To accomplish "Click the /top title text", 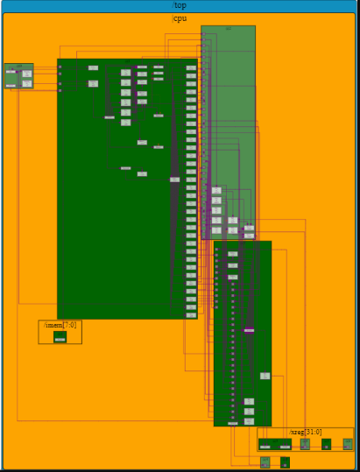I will [179, 5].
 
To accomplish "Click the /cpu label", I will [179, 18].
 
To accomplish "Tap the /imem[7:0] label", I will [60, 325].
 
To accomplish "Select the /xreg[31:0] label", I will [306, 432].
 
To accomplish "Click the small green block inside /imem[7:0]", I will [60, 336].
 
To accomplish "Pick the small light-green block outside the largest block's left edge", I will [18, 75].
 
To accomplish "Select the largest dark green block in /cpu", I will [127, 188].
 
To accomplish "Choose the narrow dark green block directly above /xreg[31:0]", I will [242, 333].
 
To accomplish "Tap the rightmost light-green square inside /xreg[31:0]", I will [348, 444].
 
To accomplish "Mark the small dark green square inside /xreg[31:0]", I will [326, 444].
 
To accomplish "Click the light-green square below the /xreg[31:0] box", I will [265, 462].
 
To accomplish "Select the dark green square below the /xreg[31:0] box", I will [285, 462].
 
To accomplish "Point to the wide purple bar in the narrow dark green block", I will [249, 330].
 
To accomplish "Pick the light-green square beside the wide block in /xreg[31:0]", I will [305, 444].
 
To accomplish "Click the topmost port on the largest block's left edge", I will [60, 67].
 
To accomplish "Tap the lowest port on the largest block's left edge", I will [60, 88].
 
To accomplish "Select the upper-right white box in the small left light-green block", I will [27, 74].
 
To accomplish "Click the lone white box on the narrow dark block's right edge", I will [265, 376].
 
